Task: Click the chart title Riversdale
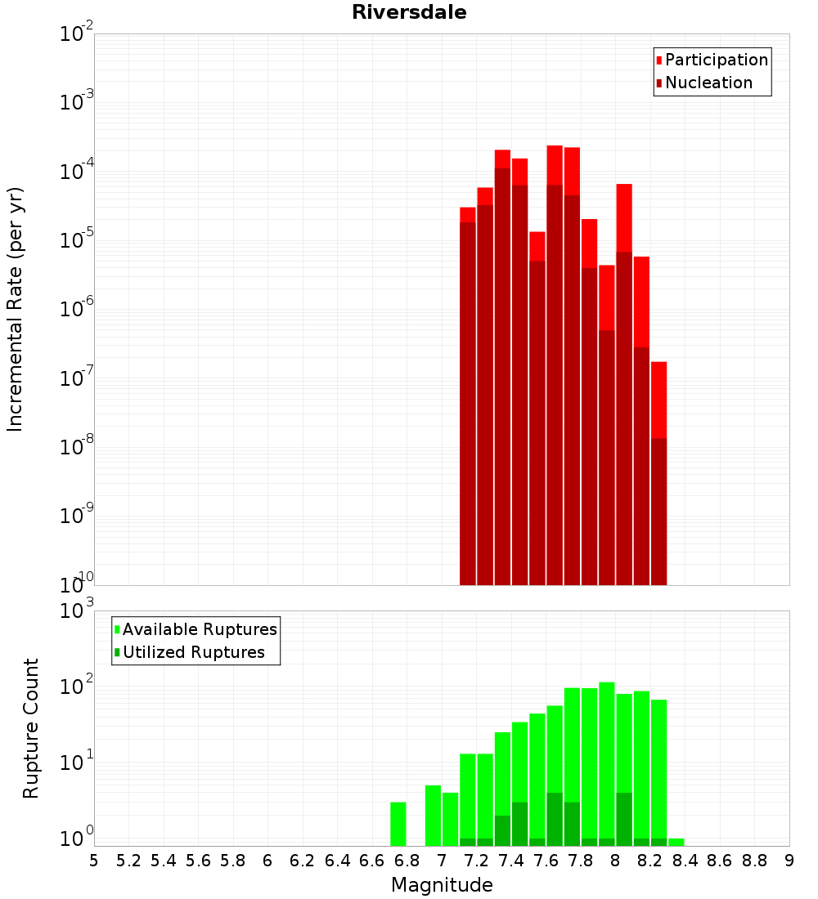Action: pyautogui.click(x=409, y=12)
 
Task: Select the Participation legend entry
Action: pyautogui.click(x=712, y=60)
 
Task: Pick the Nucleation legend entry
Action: pyautogui.click(x=703, y=83)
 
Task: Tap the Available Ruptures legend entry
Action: pyautogui.click(x=196, y=629)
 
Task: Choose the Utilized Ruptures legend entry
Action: pyautogui.click(x=190, y=652)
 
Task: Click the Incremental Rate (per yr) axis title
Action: pyautogui.click(x=15, y=309)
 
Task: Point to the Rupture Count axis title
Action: pyautogui.click(x=30, y=729)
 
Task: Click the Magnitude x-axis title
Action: pyautogui.click(x=442, y=884)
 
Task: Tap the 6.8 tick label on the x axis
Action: pyautogui.click(x=407, y=861)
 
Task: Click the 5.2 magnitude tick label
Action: pyautogui.click(x=128, y=861)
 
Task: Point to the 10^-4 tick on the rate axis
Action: pyautogui.click(x=77, y=170)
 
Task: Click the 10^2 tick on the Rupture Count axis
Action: pyautogui.click(x=77, y=685)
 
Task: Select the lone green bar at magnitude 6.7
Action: pyautogui.click(x=398, y=824)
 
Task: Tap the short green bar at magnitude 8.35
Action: pyautogui.click(x=676, y=843)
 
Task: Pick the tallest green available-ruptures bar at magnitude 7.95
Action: pyautogui.click(x=607, y=760)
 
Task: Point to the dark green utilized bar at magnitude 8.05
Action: pyautogui.click(x=624, y=819)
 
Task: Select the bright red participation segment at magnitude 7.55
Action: pyautogui.click(x=537, y=247)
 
